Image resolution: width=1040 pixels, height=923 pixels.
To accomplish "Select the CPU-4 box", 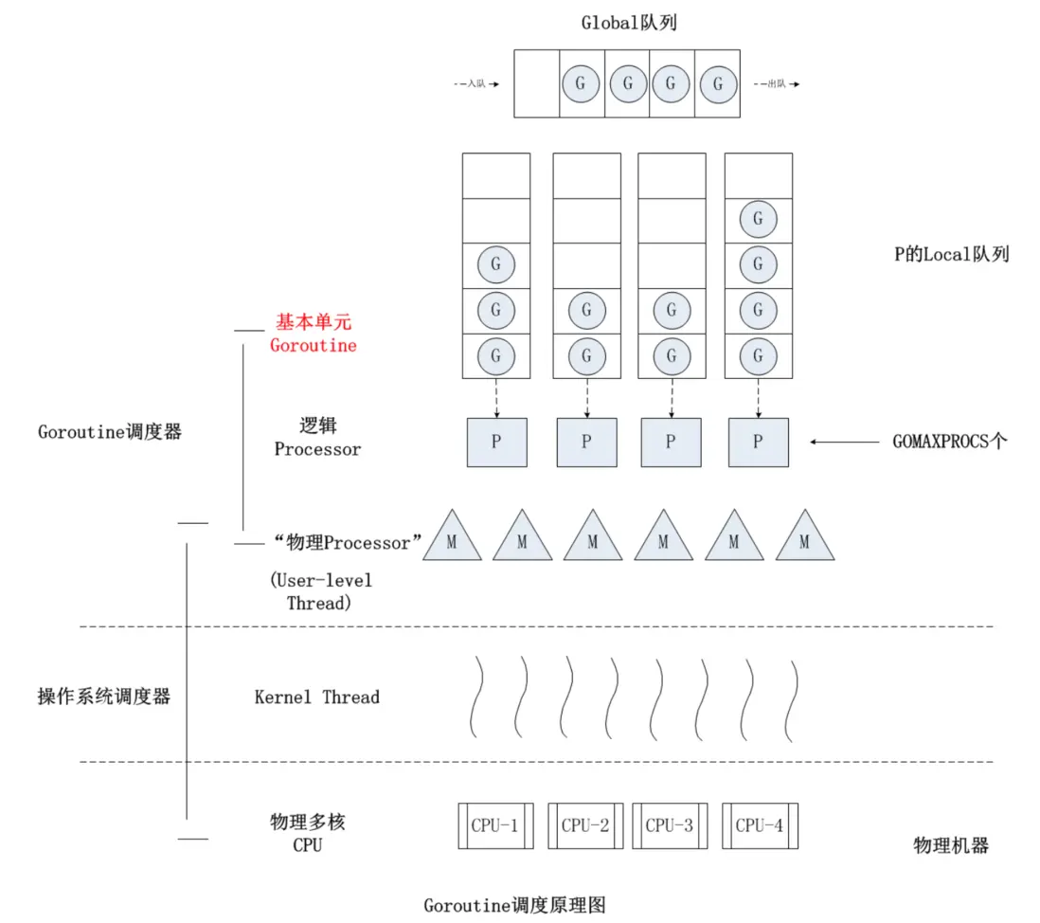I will coord(759,825).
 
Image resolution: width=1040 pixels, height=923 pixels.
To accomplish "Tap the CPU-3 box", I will coord(670,825).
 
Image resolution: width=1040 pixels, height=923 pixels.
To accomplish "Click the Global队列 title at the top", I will coord(629,24).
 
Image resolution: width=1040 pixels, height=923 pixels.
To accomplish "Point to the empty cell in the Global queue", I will coord(537,83).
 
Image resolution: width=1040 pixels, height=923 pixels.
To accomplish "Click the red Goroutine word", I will coord(314,346).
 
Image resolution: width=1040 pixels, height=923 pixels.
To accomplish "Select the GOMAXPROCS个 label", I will coord(950,442).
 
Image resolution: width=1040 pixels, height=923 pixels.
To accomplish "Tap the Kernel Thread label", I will coord(317,697).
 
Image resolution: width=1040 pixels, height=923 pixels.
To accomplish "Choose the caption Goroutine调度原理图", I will coord(514,904).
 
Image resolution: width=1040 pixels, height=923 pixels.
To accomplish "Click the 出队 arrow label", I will coord(776,84).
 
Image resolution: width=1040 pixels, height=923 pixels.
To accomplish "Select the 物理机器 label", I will coord(951,845).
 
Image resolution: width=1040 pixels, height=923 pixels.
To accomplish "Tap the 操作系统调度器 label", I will coord(104,697).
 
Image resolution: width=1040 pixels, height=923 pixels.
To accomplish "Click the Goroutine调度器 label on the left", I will coord(110,432).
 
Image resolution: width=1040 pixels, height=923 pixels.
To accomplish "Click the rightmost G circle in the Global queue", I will coord(718,83).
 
